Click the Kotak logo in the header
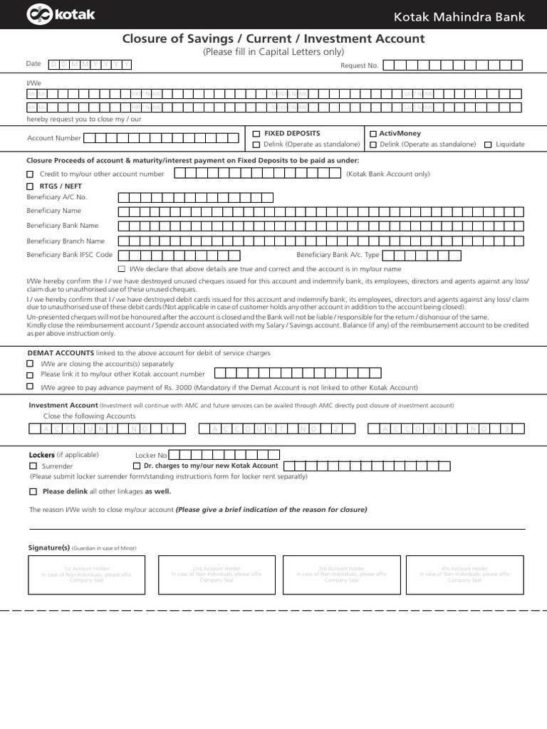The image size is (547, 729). click(61, 14)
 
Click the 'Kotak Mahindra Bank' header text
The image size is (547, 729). click(469, 16)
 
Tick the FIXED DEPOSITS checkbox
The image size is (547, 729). click(256, 133)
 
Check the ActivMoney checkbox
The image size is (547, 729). click(373, 133)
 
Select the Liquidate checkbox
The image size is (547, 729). click(488, 145)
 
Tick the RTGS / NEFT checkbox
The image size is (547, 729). click(30, 186)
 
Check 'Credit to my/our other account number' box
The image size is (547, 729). click(30, 174)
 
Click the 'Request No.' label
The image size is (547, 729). click(359, 65)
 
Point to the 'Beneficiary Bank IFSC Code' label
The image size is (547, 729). click(69, 254)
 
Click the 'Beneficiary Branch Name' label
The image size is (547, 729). click(66, 241)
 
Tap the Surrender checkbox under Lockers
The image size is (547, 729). click(33, 466)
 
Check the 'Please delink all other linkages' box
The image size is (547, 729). click(33, 491)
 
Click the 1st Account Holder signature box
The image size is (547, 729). click(86, 575)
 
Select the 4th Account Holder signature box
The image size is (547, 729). click(464, 575)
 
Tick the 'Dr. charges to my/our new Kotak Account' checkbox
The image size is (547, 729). click(137, 466)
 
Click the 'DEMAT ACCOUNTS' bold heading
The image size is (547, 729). click(61, 352)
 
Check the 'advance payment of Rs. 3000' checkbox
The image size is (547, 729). click(30, 387)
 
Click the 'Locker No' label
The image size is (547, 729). click(151, 455)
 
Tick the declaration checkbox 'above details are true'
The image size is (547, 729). click(121, 269)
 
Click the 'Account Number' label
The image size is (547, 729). click(54, 138)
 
